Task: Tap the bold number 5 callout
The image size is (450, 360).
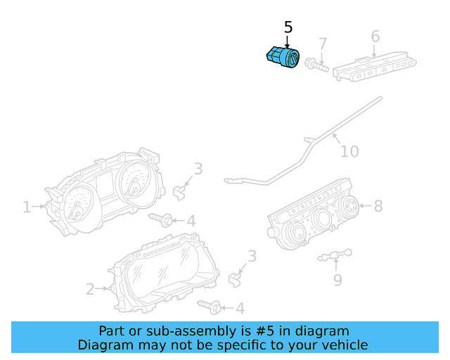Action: pos(288,27)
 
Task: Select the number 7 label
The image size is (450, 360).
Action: pos(323,44)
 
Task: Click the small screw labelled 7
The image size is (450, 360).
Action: pos(316,66)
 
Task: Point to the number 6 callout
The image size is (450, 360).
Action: pos(375,37)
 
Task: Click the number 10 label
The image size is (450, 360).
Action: pos(349,151)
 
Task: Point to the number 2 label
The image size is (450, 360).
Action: pos(90,288)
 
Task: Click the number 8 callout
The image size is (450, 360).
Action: pos(378,206)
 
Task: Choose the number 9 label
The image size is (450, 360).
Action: pos(337,281)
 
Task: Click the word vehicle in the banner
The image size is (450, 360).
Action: pos(342,345)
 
